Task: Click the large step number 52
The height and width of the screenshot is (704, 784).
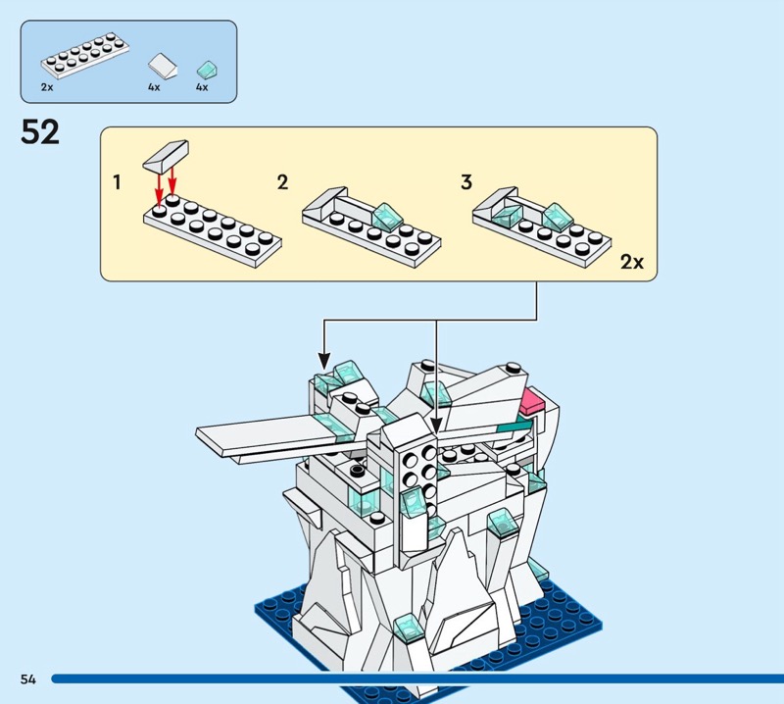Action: [x=40, y=131]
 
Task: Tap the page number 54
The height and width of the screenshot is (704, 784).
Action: [x=26, y=679]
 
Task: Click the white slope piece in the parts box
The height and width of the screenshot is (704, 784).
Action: [x=162, y=67]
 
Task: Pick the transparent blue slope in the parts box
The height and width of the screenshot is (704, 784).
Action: [x=207, y=69]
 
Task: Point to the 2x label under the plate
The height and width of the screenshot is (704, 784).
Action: [x=47, y=87]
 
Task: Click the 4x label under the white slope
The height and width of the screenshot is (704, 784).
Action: [x=154, y=87]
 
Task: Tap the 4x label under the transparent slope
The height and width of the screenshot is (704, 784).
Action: [x=202, y=87]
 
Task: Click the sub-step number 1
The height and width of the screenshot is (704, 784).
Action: [x=118, y=182]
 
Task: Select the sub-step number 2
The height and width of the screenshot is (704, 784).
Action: [x=282, y=182]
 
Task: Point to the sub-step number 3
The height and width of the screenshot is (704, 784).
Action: [x=465, y=182]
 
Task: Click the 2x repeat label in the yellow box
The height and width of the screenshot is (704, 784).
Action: [x=632, y=263]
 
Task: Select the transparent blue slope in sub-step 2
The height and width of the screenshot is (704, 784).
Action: [x=385, y=213]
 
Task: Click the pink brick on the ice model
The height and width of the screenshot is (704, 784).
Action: [x=532, y=399]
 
